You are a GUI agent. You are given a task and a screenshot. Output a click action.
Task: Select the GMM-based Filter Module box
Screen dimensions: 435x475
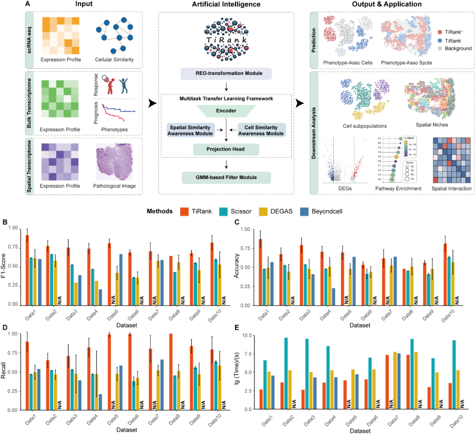(x=226, y=178)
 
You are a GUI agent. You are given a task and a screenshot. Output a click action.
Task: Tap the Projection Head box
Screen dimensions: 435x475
(x=226, y=150)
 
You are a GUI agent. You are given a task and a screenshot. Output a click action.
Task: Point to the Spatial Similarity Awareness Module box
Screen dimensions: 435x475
(x=190, y=129)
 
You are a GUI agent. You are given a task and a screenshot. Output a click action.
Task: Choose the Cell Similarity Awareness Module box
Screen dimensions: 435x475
(x=261, y=129)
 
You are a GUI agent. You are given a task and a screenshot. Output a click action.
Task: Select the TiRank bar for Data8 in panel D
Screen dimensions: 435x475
(x=170, y=372)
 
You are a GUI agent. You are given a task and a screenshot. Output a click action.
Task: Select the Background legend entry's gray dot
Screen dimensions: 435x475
(x=441, y=48)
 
